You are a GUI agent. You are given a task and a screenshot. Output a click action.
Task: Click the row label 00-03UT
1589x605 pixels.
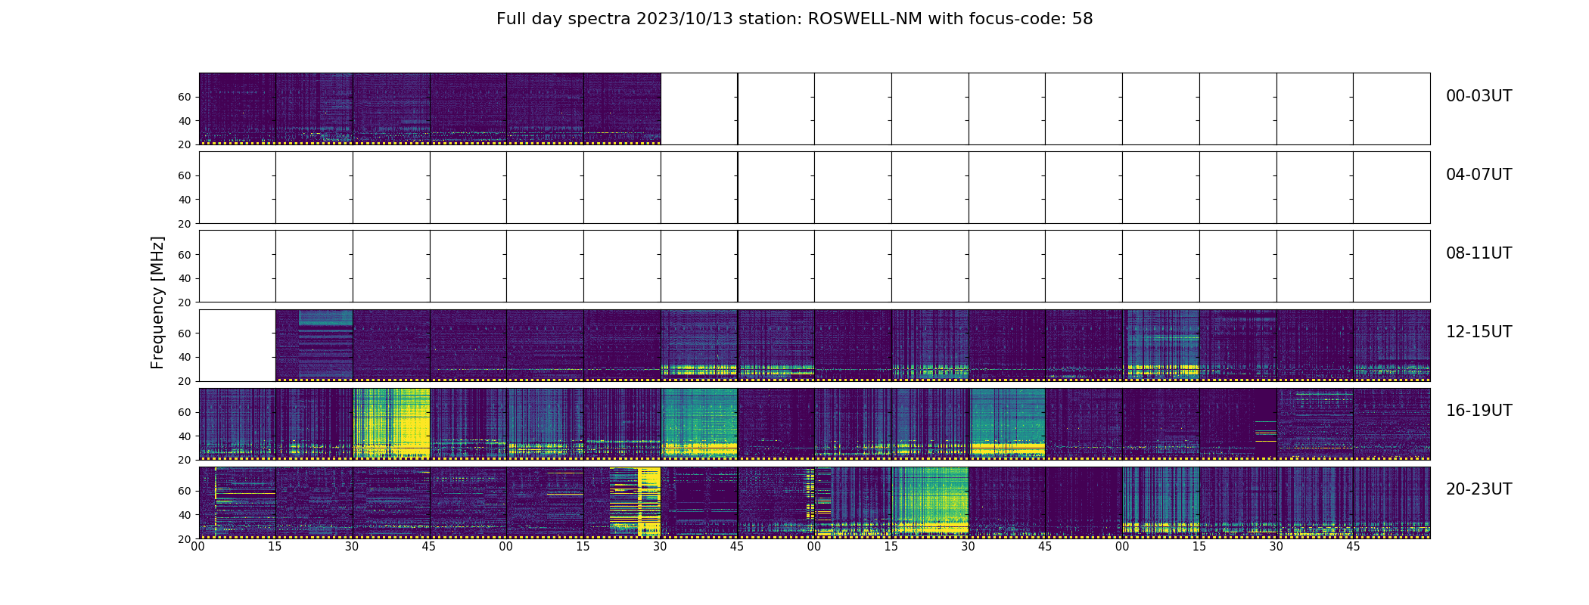(1479, 96)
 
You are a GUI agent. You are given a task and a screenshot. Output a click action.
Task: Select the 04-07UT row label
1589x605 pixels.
(1479, 175)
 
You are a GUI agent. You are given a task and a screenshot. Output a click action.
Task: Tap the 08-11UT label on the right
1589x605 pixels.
(1479, 253)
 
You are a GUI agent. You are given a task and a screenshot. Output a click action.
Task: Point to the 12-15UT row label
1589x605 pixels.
(1479, 332)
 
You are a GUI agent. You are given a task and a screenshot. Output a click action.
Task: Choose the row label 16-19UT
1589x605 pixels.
(1479, 411)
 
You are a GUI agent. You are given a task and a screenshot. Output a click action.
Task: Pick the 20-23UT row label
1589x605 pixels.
(1479, 489)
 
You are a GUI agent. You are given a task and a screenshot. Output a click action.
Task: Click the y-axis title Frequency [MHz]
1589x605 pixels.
(157, 302)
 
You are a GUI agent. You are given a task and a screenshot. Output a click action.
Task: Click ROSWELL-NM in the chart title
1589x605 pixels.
(865, 19)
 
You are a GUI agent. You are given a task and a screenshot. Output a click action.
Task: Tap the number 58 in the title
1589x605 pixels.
(1082, 19)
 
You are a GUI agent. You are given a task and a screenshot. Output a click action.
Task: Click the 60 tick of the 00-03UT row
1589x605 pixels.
(185, 97)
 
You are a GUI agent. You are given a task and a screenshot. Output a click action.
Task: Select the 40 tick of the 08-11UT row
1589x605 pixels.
(185, 278)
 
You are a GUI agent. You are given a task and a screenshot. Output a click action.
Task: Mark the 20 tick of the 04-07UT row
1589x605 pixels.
(185, 224)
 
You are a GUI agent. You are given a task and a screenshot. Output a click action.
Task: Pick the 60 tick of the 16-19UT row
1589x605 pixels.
(185, 412)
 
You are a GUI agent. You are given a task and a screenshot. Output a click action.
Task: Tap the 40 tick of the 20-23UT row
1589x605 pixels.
(185, 515)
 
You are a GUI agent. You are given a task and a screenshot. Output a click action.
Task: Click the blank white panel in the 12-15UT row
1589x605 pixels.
(237, 345)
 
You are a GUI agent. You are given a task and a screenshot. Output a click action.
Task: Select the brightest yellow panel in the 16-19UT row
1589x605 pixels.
(391, 423)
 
